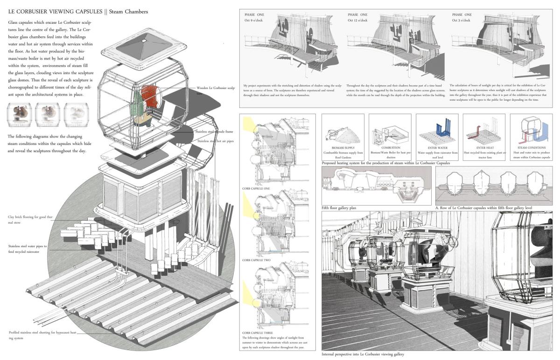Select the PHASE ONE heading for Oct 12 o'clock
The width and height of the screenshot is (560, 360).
357,15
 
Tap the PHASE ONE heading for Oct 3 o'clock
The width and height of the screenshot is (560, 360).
462,15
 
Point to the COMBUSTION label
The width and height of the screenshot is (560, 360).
391,148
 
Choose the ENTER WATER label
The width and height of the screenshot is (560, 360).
437,148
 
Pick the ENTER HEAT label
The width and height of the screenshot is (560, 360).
484,148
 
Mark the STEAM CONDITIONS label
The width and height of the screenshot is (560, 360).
532,148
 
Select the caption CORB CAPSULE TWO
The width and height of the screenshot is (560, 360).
256,260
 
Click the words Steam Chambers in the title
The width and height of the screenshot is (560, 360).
129,11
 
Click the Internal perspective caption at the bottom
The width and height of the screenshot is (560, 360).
363,354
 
